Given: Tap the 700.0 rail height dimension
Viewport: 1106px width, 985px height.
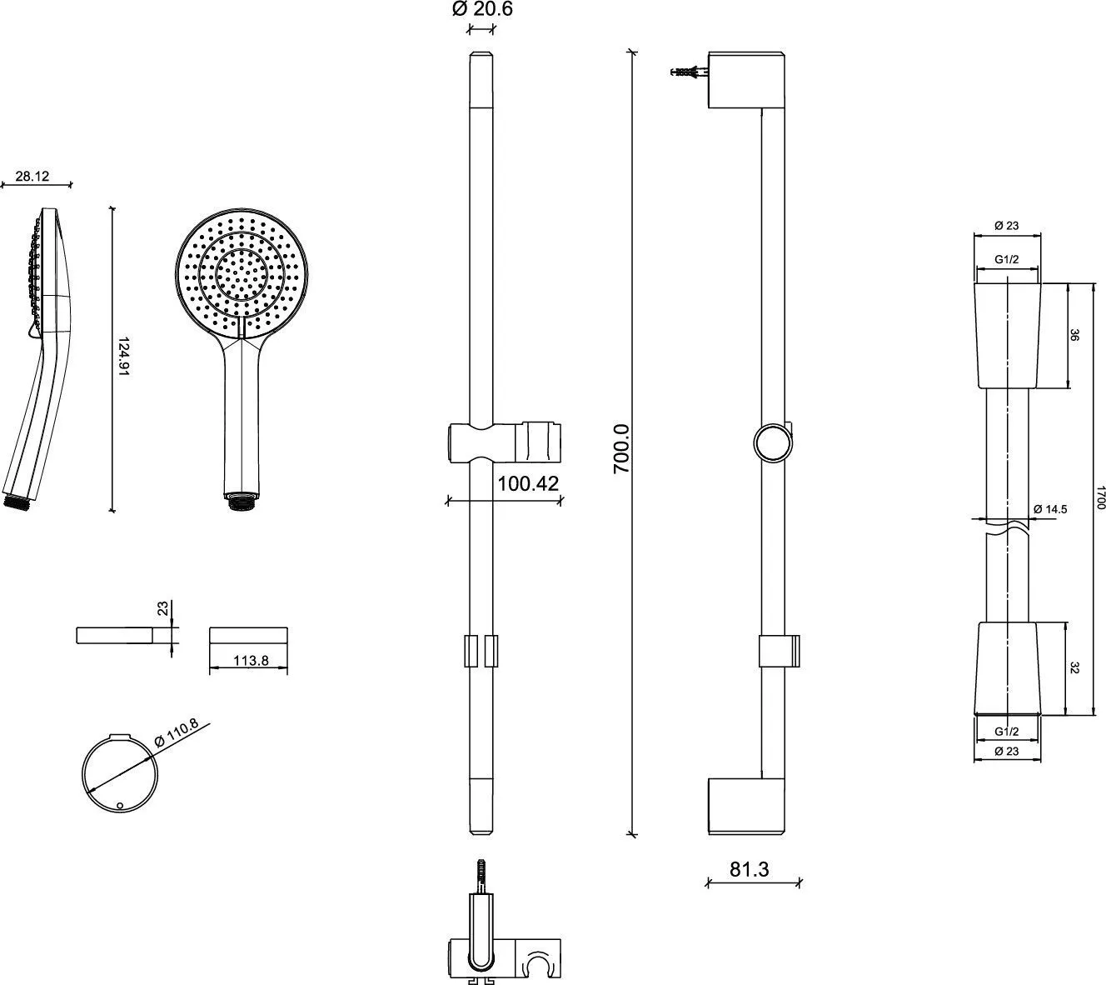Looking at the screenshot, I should [x=622, y=448].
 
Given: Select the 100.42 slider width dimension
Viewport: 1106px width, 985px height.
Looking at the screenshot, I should [x=527, y=483].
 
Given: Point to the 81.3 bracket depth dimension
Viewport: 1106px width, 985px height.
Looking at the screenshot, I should [x=750, y=869].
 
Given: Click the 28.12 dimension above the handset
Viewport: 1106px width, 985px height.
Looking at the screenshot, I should [x=32, y=176].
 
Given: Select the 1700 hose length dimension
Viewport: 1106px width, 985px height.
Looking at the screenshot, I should [x=1099, y=500].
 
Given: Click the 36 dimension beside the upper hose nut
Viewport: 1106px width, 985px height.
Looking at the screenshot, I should [x=1074, y=336].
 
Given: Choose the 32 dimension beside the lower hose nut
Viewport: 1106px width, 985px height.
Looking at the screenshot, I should [x=1074, y=667].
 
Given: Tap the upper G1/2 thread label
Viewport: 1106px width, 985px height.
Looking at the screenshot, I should [x=1007, y=259].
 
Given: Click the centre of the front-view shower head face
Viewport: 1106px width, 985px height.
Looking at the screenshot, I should [x=242, y=272].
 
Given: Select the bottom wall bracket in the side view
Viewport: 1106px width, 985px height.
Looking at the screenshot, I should [x=745, y=806].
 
